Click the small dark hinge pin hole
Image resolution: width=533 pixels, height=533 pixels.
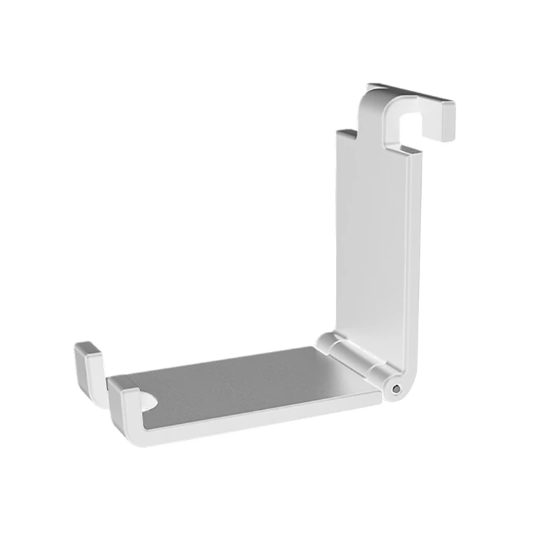398,388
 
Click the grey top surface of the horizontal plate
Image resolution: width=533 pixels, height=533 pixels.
253,383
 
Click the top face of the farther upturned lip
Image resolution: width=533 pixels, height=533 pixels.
87,347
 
